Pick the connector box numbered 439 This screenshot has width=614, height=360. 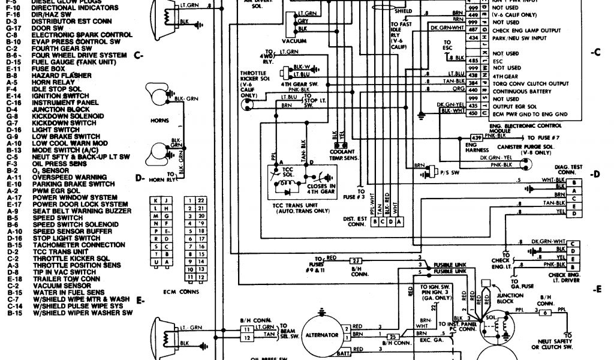click(x=476, y=138)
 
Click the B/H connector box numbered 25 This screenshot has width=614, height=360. click(x=393, y=337)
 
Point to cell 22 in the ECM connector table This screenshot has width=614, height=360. click(x=201, y=199)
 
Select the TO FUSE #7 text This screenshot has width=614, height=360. click(x=534, y=138)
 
